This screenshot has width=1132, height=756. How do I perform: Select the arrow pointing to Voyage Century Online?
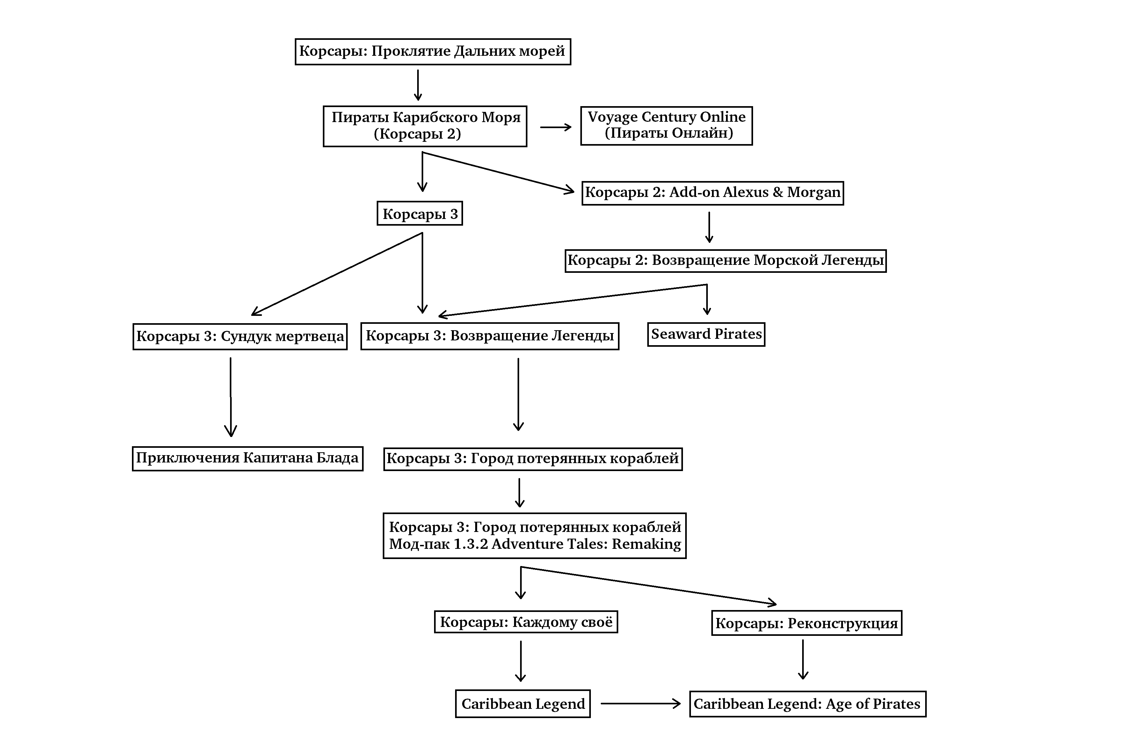pos(555,127)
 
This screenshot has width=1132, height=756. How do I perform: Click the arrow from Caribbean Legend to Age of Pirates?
pos(640,704)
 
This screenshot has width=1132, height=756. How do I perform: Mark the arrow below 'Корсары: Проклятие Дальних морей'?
pos(418,85)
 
